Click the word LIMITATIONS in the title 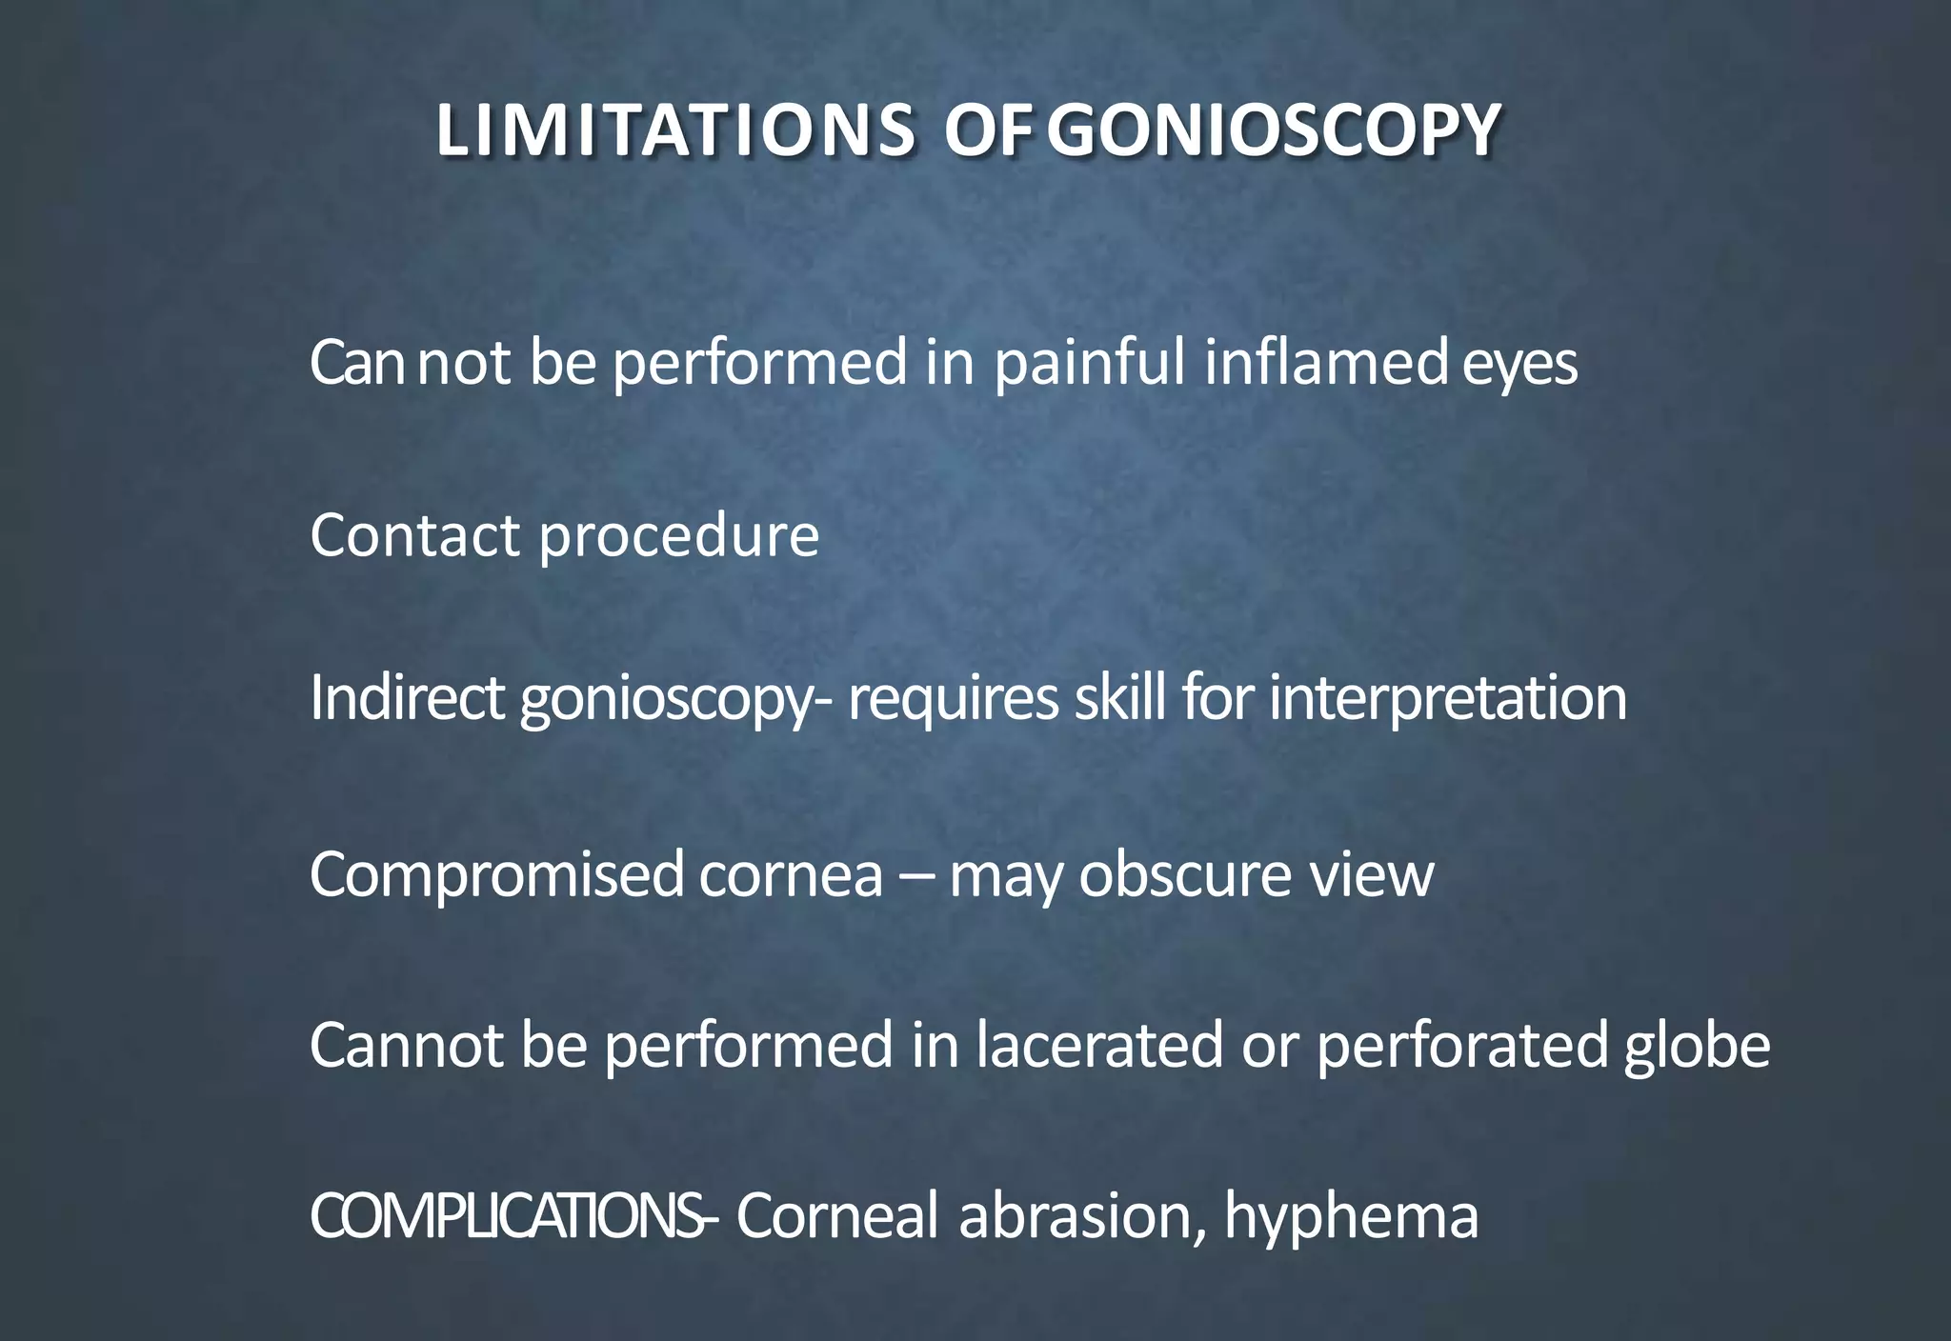point(675,130)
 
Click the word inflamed point(1325,363)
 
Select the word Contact point(414,534)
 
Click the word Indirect point(406,698)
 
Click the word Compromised point(496,875)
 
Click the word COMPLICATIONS point(504,1216)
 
